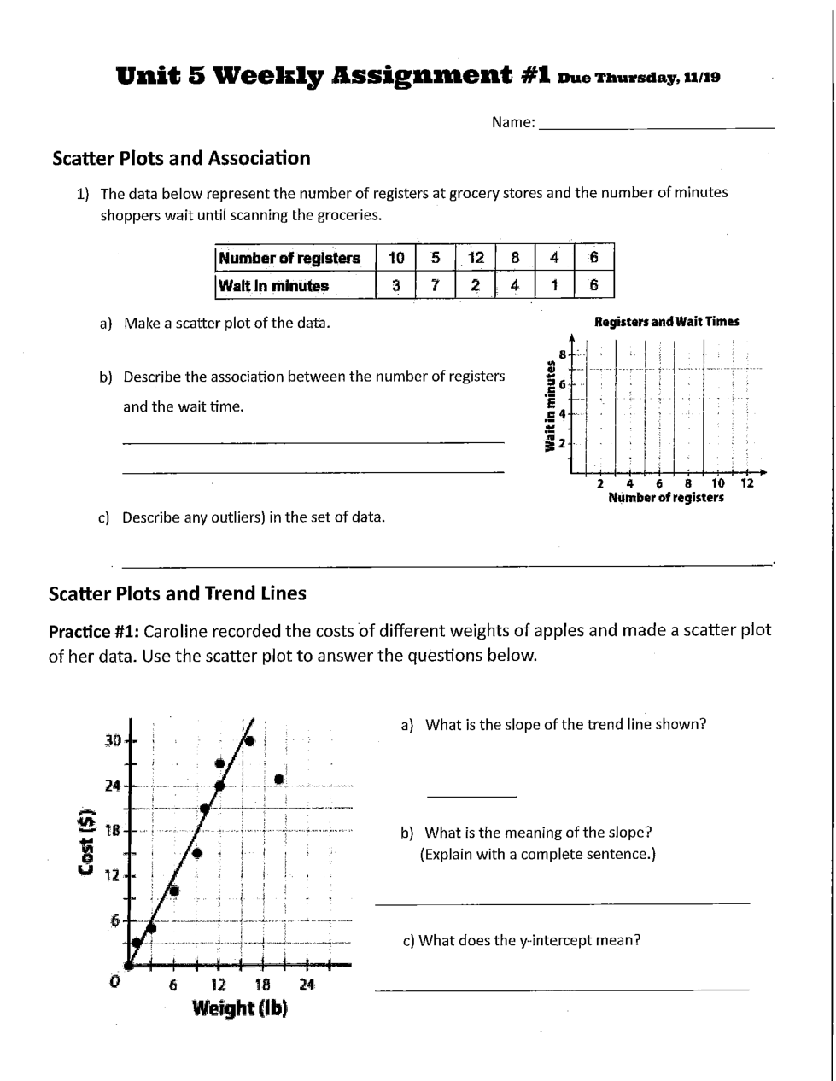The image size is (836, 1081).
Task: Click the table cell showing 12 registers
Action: pyautogui.click(x=476, y=258)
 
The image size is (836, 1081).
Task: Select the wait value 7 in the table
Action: pyautogui.click(x=436, y=285)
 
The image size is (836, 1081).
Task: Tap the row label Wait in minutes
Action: pyautogui.click(x=273, y=285)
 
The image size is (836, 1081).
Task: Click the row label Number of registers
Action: pyautogui.click(x=289, y=258)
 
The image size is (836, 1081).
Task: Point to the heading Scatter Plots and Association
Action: pyautogui.click(x=181, y=158)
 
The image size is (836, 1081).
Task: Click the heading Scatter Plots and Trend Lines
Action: pyautogui.click(x=178, y=593)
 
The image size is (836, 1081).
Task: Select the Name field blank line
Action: pyautogui.click(x=657, y=126)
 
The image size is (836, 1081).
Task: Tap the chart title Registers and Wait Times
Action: pyautogui.click(x=666, y=322)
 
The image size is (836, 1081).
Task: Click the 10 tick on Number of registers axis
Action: pyautogui.click(x=718, y=484)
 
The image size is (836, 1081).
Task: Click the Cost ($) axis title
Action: pyautogui.click(x=85, y=842)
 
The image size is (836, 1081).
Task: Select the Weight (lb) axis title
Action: pyautogui.click(x=240, y=1008)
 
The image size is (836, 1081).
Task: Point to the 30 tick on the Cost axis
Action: pyautogui.click(x=113, y=739)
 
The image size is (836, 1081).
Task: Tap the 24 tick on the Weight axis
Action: pyautogui.click(x=307, y=985)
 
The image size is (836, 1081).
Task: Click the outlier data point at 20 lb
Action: pyautogui.click(x=278, y=778)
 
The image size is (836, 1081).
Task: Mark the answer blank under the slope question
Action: pyautogui.click(x=471, y=796)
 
